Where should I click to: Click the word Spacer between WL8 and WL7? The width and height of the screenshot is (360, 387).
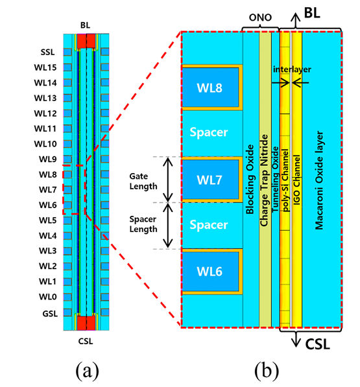click(x=209, y=132)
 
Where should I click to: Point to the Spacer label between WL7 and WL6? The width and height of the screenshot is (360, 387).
click(x=209, y=225)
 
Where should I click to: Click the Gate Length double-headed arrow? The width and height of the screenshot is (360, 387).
click(x=168, y=180)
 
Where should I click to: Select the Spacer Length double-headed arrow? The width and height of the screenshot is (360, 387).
click(x=168, y=226)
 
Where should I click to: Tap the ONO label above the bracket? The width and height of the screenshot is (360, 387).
click(x=260, y=18)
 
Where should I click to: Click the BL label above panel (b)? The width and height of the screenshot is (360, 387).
click(x=312, y=13)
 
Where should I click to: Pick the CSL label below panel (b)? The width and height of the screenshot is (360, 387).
click(x=318, y=344)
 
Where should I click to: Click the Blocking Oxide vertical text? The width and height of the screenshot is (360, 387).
click(x=250, y=180)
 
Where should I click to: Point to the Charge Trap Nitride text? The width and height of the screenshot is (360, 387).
click(x=264, y=180)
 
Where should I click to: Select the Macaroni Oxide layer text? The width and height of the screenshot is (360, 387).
click(x=319, y=180)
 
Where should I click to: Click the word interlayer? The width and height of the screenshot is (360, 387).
click(x=292, y=69)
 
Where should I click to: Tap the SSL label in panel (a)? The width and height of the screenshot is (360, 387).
click(x=47, y=52)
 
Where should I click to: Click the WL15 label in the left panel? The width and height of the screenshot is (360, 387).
click(x=45, y=67)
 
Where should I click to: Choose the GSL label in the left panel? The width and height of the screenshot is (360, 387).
click(x=50, y=314)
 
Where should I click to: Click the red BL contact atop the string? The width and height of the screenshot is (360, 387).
click(x=86, y=41)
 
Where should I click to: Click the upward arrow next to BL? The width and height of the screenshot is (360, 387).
click(x=295, y=21)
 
